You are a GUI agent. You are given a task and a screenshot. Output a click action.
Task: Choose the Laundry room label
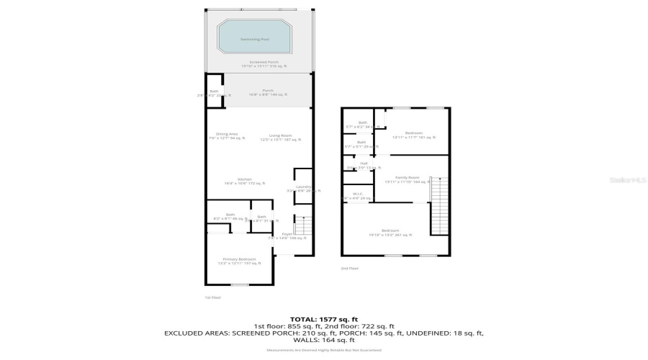pos(293,189)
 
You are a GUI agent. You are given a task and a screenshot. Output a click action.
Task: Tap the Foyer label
pos(286,235)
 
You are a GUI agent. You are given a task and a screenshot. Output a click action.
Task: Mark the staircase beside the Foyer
pos(304,229)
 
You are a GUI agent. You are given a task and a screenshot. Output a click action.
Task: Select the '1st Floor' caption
pos(212,297)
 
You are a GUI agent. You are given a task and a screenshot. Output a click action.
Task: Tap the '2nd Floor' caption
pos(350,268)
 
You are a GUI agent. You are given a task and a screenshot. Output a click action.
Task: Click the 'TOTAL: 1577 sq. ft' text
pos(323,318)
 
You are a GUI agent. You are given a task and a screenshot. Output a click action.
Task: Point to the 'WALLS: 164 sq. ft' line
pos(323,340)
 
